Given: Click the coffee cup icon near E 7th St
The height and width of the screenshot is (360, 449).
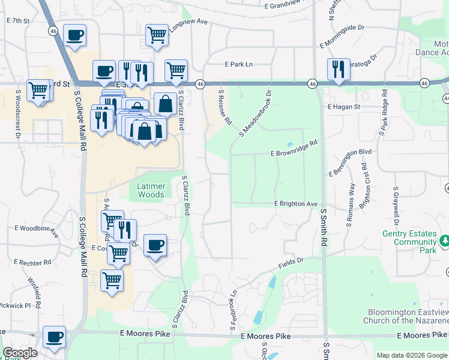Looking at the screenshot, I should tap(75, 35).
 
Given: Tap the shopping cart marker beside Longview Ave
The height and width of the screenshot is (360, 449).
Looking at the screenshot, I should tap(157, 35).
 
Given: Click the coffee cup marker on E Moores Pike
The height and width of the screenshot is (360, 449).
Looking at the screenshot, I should tap(55, 337).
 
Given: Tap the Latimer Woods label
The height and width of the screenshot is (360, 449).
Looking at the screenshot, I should tap(151, 190).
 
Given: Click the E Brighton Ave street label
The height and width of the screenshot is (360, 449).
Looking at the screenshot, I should tap(295, 204).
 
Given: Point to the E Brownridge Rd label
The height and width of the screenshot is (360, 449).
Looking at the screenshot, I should tap(294, 149).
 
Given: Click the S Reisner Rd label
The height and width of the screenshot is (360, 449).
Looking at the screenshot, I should tap(225, 107).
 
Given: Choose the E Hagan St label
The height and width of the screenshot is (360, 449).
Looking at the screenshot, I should tap(343, 107).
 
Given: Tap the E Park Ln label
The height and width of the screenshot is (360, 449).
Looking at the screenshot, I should tap(239, 64).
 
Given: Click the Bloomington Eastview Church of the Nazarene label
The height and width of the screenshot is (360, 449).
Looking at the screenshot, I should tap(405, 316).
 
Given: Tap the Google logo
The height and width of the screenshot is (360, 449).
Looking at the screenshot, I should tap(20, 353).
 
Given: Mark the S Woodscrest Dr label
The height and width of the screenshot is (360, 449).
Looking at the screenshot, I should tap(19, 115).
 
